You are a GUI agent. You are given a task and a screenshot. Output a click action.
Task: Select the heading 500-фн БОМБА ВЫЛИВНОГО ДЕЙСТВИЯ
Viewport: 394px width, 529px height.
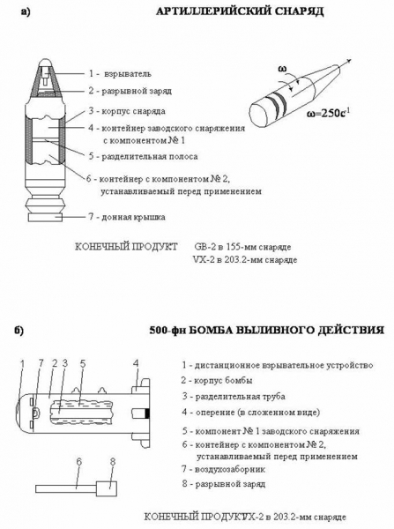pyautogui.click(x=262, y=331)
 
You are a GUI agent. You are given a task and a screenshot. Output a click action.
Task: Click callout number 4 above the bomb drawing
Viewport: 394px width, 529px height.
pyautogui.click(x=135, y=362)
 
